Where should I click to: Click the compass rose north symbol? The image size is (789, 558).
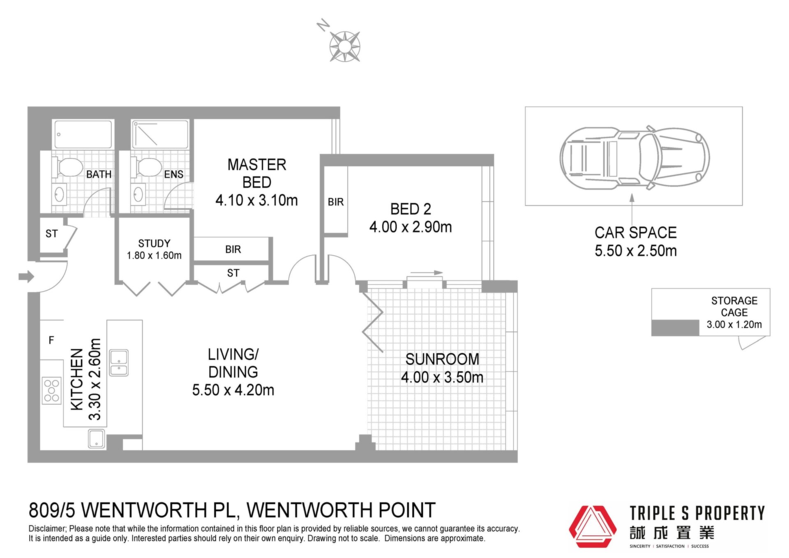[345, 46]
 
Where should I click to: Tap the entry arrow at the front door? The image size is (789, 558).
[26, 276]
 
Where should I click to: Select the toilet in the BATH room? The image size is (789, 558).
[68, 167]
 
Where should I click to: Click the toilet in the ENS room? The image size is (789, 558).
[147, 167]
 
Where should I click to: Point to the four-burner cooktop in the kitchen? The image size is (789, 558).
[52, 390]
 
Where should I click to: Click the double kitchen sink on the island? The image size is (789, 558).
[119, 363]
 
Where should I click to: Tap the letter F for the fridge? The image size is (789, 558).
[51, 340]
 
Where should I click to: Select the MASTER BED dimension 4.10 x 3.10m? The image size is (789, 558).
[256, 200]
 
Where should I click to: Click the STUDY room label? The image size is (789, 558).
[154, 243]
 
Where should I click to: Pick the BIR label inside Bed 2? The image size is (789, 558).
[336, 202]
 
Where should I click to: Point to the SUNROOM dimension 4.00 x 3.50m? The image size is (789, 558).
[442, 377]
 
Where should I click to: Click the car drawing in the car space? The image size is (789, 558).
[635, 157]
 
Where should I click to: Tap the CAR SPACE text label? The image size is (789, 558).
[636, 233]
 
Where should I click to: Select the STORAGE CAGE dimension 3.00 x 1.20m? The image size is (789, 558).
[734, 324]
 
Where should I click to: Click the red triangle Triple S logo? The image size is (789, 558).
[593, 527]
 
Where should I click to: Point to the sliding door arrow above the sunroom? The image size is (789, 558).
[426, 273]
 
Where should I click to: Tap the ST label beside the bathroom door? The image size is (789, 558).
[51, 234]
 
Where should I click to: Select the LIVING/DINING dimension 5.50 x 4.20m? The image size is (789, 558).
[233, 390]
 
